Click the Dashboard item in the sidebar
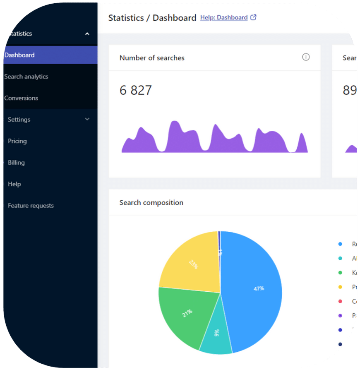tap(19, 55)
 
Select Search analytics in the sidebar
tap(26, 77)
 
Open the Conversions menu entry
tap(21, 98)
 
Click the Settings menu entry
tap(19, 120)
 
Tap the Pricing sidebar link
tap(17, 141)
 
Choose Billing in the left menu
tap(16, 163)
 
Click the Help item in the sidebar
tap(14, 184)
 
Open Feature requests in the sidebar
tap(31, 206)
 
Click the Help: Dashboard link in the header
tap(224, 17)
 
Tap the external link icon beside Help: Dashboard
tap(254, 17)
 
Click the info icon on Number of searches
tap(306, 57)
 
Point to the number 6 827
tap(136, 90)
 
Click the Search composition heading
tap(151, 203)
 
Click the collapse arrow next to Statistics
tap(87, 34)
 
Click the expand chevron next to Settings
tap(87, 119)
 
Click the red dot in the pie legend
tap(340, 301)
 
